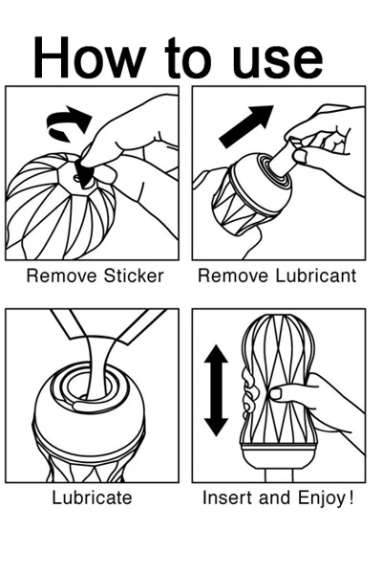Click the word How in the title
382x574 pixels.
pyautogui.click(x=88, y=57)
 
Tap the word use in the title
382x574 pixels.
pyautogui.click(x=278, y=61)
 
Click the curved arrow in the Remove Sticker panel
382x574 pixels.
pyautogui.click(x=69, y=123)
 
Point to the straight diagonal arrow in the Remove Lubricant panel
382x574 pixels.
pyautogui.click(x=245, y=126)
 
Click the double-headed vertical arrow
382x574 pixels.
pyautogui.click(x=216, y=390)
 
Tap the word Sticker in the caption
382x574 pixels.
pyautogui.click(x=134, y=276)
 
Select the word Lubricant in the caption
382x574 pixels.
pyautogui.click(x=315, y=276)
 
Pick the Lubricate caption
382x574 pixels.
pyautogui.click(x=92, y=497)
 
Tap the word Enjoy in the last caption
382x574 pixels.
pyautogui.click(x=321, y=498)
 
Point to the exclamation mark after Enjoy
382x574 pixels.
pyautogui.click(x=350, y=497)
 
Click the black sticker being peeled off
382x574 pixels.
pyautogui.click(x=85, y=174)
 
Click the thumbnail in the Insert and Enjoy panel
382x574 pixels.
pyautogui.click(x=275, y=394)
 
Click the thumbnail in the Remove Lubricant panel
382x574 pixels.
pyautogui.click(x=300, y=156)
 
